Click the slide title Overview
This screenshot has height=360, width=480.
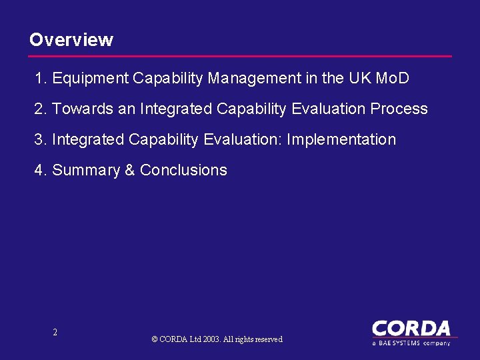click(71, 40)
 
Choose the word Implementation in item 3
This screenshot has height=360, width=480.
click(341, 140)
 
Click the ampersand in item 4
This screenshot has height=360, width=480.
click(130, 171)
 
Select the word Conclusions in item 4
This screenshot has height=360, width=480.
click(183, 171)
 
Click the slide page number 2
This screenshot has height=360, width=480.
click(55, 332)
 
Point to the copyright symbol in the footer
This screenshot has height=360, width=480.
click(155, 339)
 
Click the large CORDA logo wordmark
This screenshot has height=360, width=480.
click(411, 329)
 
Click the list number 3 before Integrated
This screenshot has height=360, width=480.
click(39, 140)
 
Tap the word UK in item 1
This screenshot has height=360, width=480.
click(360, 79)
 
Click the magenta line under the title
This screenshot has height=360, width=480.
click(240, 56)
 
